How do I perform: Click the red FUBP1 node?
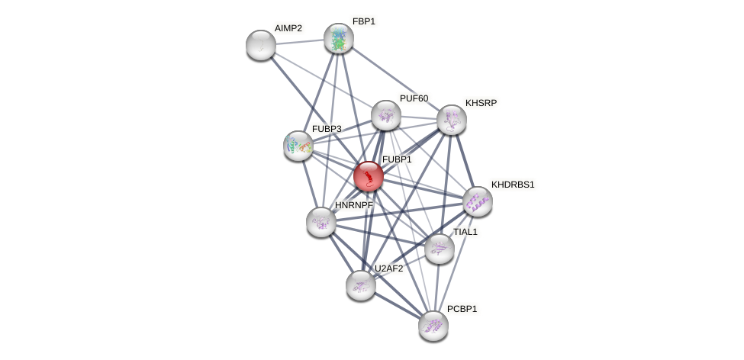(x=369, y=176)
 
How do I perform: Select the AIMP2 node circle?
(x=261, y=45)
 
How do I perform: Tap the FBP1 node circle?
(x=339, y=38)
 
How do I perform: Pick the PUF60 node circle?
(x=386, y=115)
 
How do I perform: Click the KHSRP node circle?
(x=452, y=120)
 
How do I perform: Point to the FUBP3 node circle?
(x=298, y=146)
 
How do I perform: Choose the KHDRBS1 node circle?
(x=478, y=201)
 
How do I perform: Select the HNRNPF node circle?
(x=321, y=222)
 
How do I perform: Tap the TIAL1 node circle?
(x=440, y=249)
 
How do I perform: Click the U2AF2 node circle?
(x=361, y=285)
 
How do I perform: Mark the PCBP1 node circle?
(x=433, y=326)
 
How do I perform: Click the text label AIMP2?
(x=288, y=28)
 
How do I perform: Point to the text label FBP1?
(x=363, y=21)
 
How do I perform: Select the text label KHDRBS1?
(x=513, y=185)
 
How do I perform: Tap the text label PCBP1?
(x=462, y=309)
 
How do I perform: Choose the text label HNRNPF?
(x=353, y=205)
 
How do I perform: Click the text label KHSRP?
(x=481, y=103)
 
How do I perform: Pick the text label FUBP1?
(x=397, y=159)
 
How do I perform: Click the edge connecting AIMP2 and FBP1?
(x=300, y=42)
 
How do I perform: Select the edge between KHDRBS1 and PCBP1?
(x=456, y=263)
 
